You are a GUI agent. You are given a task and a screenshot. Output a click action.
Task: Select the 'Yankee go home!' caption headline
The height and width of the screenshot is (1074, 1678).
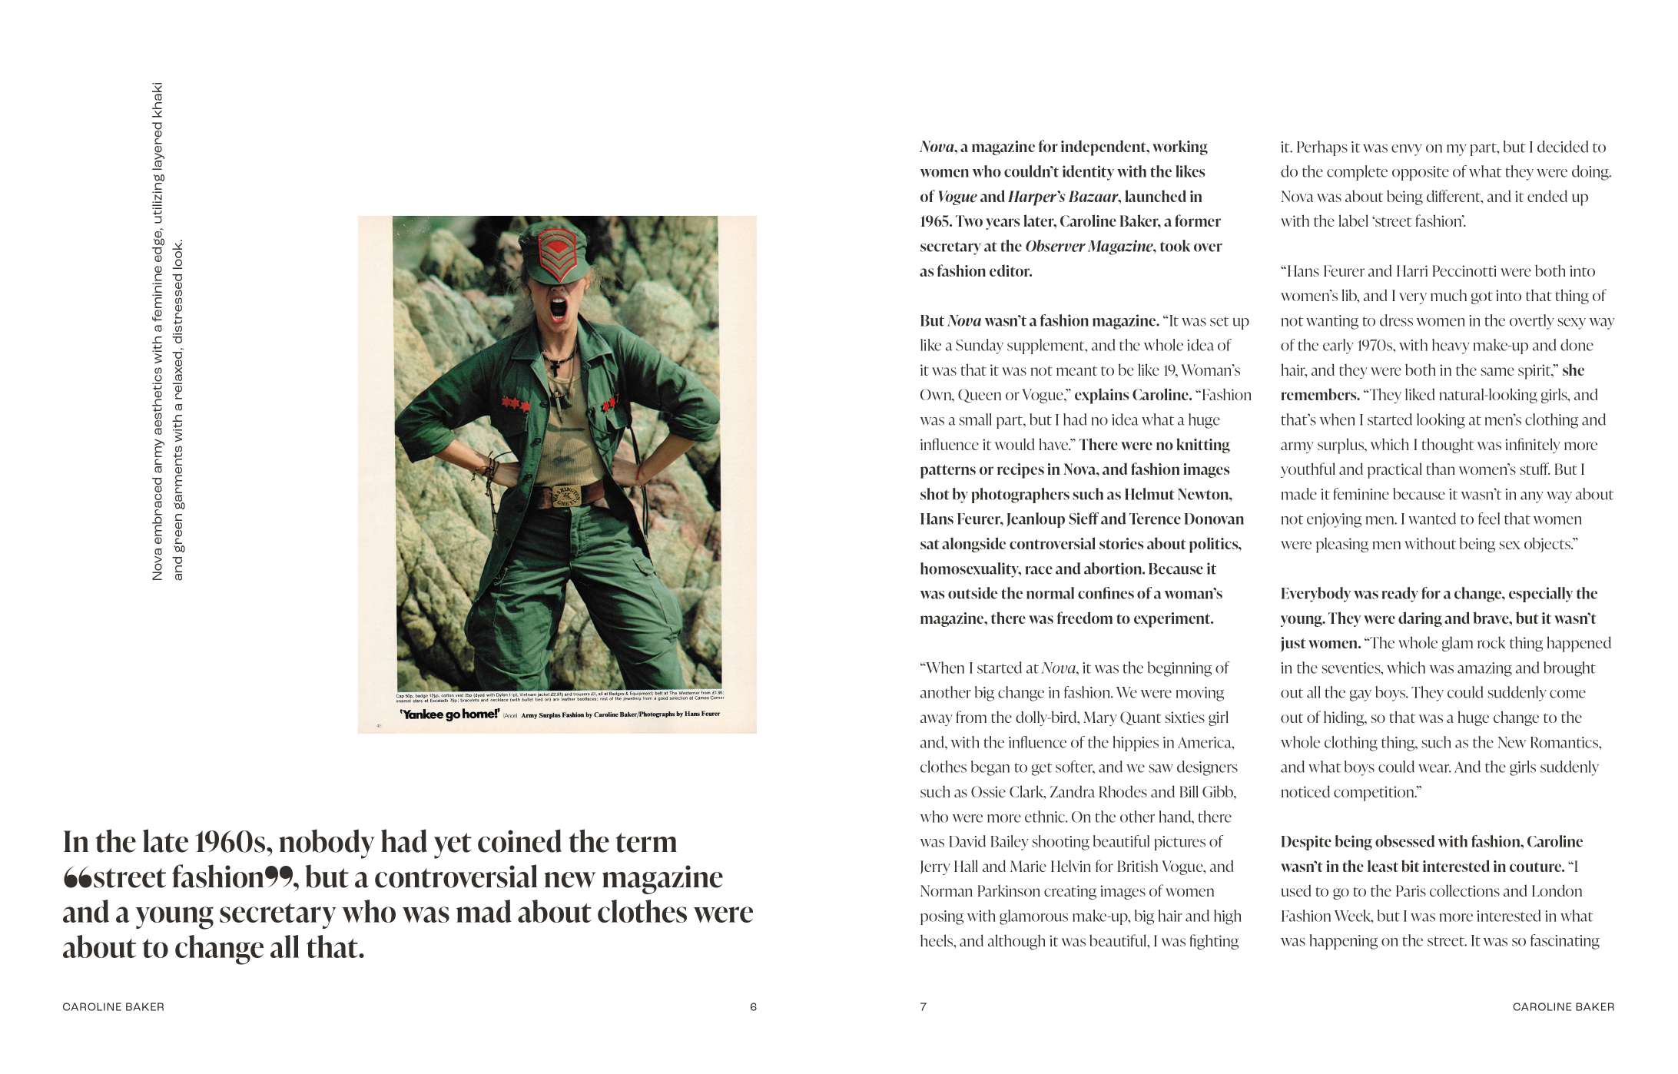449,714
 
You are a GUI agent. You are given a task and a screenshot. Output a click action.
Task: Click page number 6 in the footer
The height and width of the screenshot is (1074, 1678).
753,1007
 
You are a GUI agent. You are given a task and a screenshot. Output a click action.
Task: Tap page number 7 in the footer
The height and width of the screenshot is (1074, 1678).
924,1007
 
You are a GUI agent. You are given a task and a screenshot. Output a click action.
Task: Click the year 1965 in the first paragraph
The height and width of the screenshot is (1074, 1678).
935,221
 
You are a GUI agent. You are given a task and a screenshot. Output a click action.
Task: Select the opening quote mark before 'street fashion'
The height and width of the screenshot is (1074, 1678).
77,878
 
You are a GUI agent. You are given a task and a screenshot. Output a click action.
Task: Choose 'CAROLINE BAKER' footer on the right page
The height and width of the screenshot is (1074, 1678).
1563,1007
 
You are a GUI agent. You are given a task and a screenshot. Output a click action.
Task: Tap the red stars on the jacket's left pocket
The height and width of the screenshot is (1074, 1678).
516,403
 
